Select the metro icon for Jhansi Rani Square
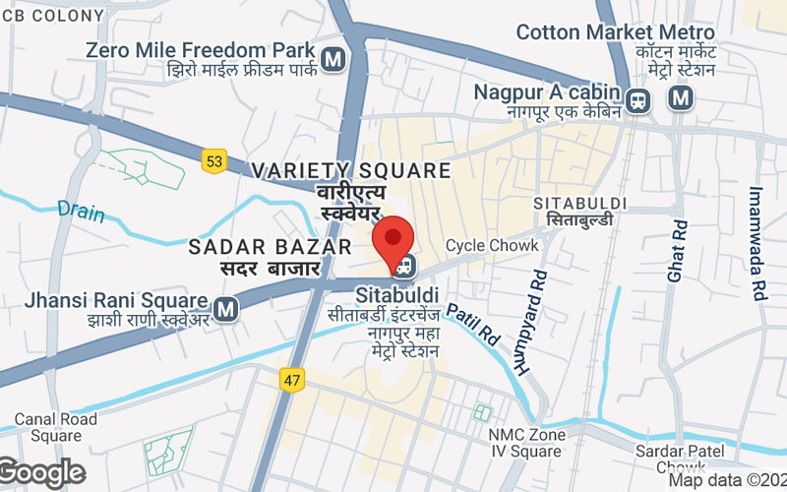pos(227,309)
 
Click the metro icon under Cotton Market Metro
pos(680,97)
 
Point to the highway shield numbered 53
pos(214,159)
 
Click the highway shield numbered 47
pos(292,380)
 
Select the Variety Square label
pos(350,171)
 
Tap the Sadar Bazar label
pos(271,246)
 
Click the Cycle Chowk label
pos(492,245)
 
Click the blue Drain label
pos(80,210)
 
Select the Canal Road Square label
pos(56,427)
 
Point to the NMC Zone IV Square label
pos(526,443)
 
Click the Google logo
pos(42,473)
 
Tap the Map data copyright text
pos(727,481)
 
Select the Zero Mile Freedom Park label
pos(201,49)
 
